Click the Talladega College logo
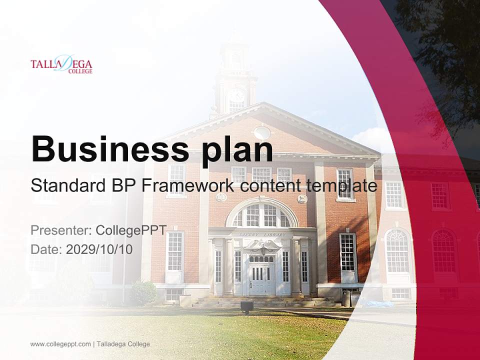61,65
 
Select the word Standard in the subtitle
65,185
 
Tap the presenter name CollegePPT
131,230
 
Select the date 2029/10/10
99,249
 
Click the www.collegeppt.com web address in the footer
60,344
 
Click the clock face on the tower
237,95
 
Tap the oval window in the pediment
262,132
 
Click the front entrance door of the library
258,279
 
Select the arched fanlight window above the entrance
261,215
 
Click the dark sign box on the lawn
246,306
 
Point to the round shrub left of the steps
143,292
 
